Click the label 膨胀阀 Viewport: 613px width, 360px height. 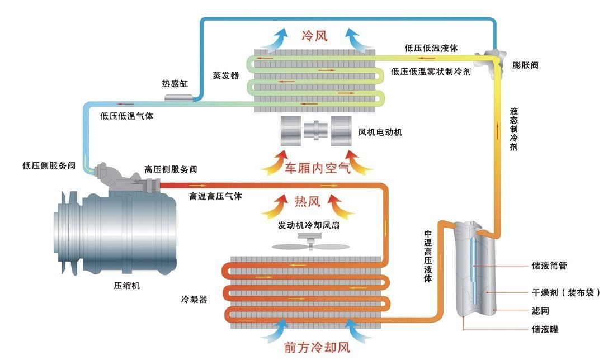525,65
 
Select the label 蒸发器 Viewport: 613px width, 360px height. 225,75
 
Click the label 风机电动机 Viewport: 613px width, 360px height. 380,132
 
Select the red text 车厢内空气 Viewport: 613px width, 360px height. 318,168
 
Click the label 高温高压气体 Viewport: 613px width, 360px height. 215,197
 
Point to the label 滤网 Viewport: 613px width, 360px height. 540,310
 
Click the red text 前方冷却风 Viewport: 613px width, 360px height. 317,347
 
